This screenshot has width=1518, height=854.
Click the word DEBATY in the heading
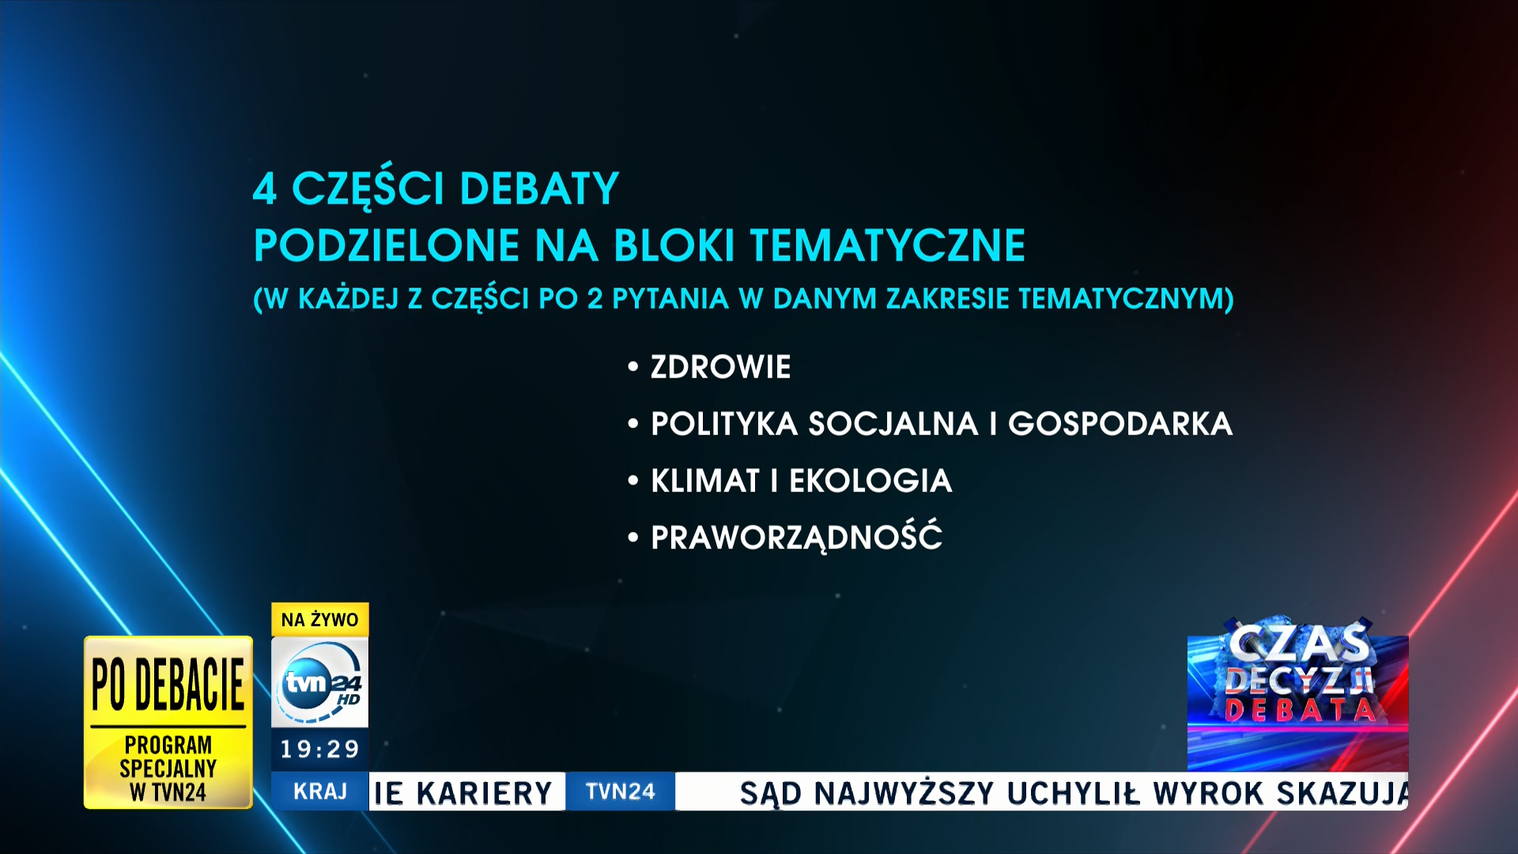click(539, 188)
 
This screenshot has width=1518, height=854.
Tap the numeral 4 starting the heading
click(265, 189)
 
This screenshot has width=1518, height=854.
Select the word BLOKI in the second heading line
click(674, 245)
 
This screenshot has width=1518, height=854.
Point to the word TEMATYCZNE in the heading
click(887, 245)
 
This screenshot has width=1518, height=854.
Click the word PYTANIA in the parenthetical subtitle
click(670, 299)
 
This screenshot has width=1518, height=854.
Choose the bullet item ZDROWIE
click(720, 367)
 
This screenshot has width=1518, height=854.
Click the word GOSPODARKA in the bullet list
click(1120, 424)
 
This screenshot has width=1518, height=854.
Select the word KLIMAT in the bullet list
click(705, 481)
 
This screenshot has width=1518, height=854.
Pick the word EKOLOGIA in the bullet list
click(870, 481)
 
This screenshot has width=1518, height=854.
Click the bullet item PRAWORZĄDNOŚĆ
click(796, 536)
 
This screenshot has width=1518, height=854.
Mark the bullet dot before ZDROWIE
click(632, 367)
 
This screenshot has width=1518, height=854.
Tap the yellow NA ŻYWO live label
click(320, 620)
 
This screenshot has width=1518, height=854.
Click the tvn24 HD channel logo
click(320, 682)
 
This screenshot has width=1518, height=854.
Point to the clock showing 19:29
click(320, 749)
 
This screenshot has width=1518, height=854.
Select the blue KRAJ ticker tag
click(320, 792)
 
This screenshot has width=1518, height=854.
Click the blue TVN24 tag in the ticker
click(621, 792)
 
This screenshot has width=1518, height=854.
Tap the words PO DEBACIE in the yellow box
click(168, 685)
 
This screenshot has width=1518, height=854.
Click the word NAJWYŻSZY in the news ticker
click(904, 793)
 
